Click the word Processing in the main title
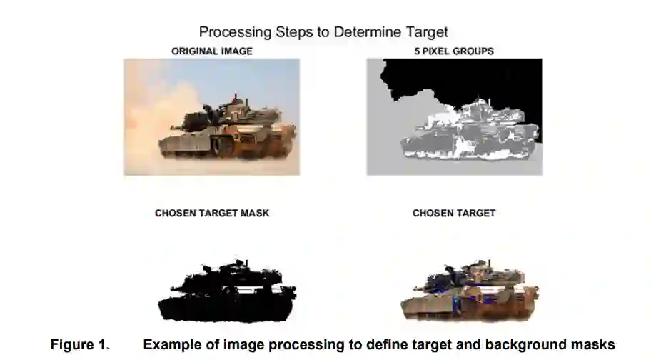235,32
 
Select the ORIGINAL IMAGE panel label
212,51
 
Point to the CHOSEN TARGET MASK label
212,213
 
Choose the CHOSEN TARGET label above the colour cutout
454,213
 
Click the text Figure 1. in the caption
80,344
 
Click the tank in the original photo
226,129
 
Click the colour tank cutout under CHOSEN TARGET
469,293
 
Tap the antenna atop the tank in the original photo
236,99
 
